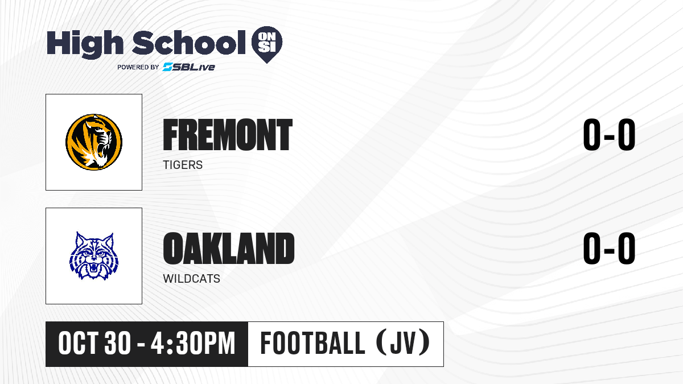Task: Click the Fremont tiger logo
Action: [94, 142]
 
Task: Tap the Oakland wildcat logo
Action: [94, 256]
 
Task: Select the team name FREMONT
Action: [228, 135]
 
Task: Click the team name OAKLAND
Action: [229, 249]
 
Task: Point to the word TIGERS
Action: [183, 165]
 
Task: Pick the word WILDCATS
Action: [191, 279]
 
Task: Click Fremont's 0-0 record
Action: [609, 135]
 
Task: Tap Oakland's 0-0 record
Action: [609, 249]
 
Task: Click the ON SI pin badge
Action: [267, 44]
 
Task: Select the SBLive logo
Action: [189, 67]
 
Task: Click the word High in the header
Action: [85, 44]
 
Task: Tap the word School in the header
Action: [189, 43]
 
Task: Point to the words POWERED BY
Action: [138, 67]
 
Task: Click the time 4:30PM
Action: [193, 344]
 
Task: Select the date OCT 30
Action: [94, 344]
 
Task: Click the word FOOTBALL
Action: [313, 344]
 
